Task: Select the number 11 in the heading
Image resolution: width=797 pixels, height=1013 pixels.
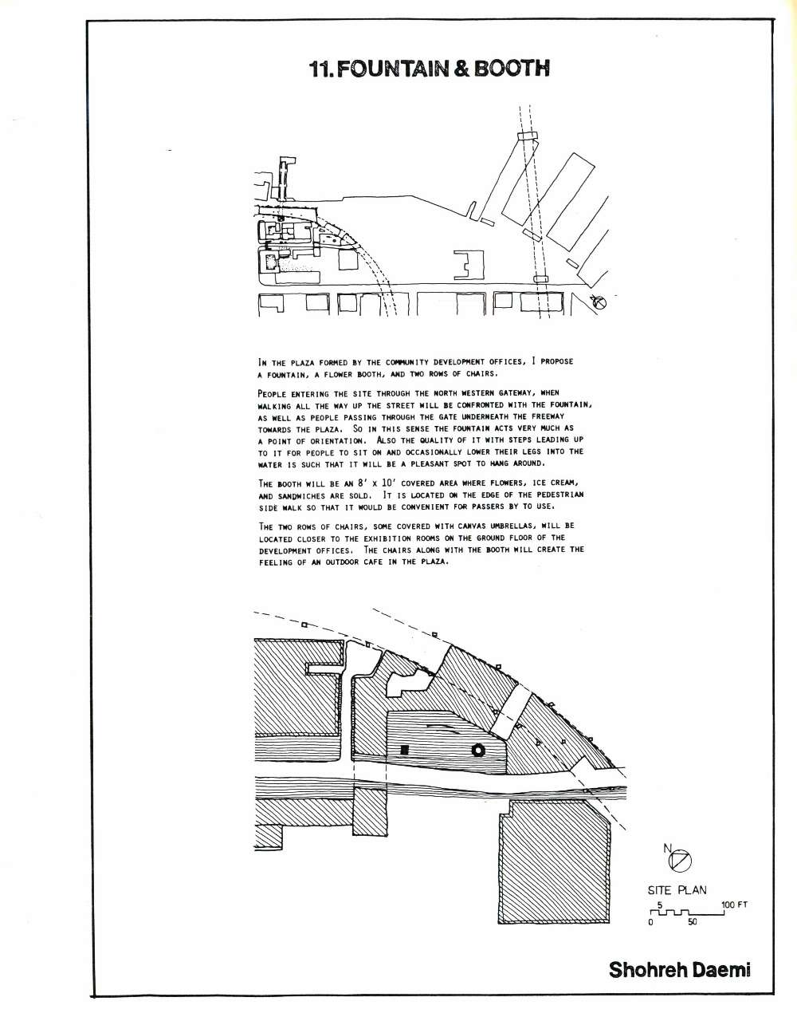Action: [321, 69]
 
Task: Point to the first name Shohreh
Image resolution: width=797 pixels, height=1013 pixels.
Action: [645, 969]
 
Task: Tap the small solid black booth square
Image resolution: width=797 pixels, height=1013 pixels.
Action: [405, 750]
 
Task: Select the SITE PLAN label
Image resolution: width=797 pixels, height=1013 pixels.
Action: [676, 890]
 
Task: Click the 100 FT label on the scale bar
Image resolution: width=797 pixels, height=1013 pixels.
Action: [734, 905]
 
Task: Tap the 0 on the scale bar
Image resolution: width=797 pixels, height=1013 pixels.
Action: [651, 922]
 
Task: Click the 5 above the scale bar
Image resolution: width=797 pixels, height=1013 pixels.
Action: [660, 905]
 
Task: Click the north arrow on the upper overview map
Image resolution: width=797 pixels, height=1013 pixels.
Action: [600, 302]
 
